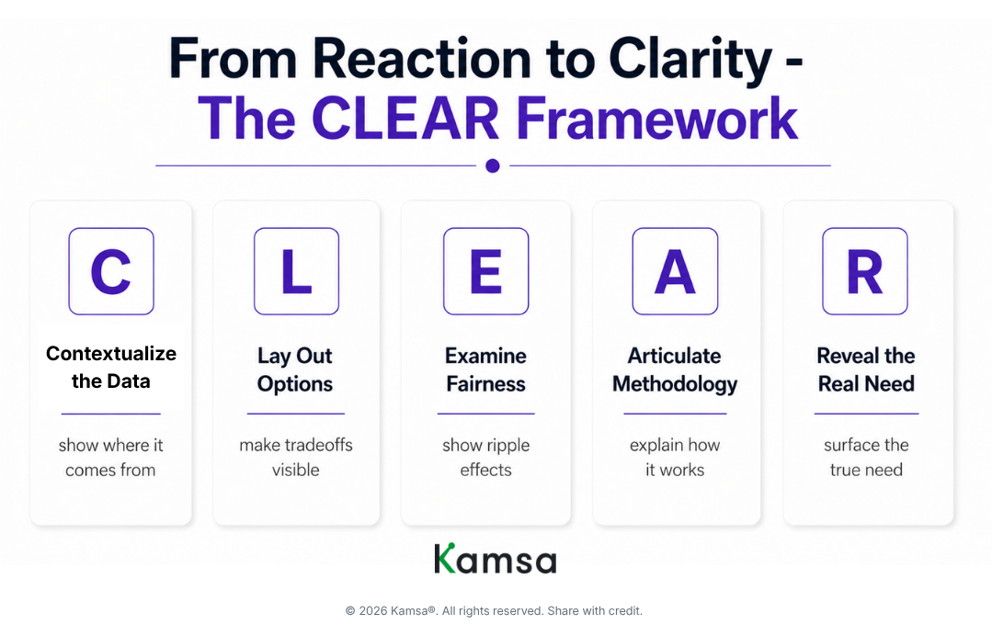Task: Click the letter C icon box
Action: coord(111,271)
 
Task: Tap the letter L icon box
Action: coord(296,271)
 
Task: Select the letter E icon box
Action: coord(485,271)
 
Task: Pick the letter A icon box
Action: coord(675,271)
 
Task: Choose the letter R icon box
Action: coord(864,271)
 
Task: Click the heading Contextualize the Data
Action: coord(111,367)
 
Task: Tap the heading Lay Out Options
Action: coord(295,369)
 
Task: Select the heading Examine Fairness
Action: coord(485,369)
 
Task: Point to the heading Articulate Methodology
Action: coord(675,369)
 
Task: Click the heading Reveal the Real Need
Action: coord(866,369)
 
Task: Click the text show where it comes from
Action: coord(110,457)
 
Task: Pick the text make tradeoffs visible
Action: coord(296,457)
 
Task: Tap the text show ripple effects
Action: coord(485,457)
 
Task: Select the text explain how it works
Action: coord(675,457)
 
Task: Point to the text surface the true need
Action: coord(866,457)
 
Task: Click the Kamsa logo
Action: coord(495,559)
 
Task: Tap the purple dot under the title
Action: coord(493,165)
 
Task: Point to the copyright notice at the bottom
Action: coord(494,610)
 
